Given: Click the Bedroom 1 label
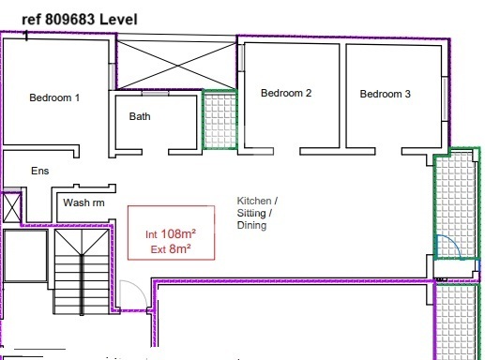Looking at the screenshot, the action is [54, 97].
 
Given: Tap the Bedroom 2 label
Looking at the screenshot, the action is [286, 93].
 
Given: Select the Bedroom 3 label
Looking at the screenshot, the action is [385, 94].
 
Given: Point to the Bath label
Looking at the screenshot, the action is [140, 116].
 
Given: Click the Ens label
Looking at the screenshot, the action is [40, 171].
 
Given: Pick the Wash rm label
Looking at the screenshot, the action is [83, 202].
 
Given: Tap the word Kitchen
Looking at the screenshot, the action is [254, 201].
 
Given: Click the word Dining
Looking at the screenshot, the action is [251, 225].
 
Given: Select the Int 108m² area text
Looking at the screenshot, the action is [171, 233].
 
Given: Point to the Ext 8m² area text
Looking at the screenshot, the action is [171, 249].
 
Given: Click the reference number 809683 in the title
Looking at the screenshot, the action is [69, 20].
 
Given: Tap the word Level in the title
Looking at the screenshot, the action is [118, 20].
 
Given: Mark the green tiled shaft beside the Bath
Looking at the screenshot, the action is [220, 120].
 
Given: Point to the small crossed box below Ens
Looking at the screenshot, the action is [11, 207].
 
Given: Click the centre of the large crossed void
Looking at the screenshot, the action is [176, 66].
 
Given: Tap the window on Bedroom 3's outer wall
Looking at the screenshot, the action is [445, 98].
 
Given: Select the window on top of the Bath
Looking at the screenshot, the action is [155, 93].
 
